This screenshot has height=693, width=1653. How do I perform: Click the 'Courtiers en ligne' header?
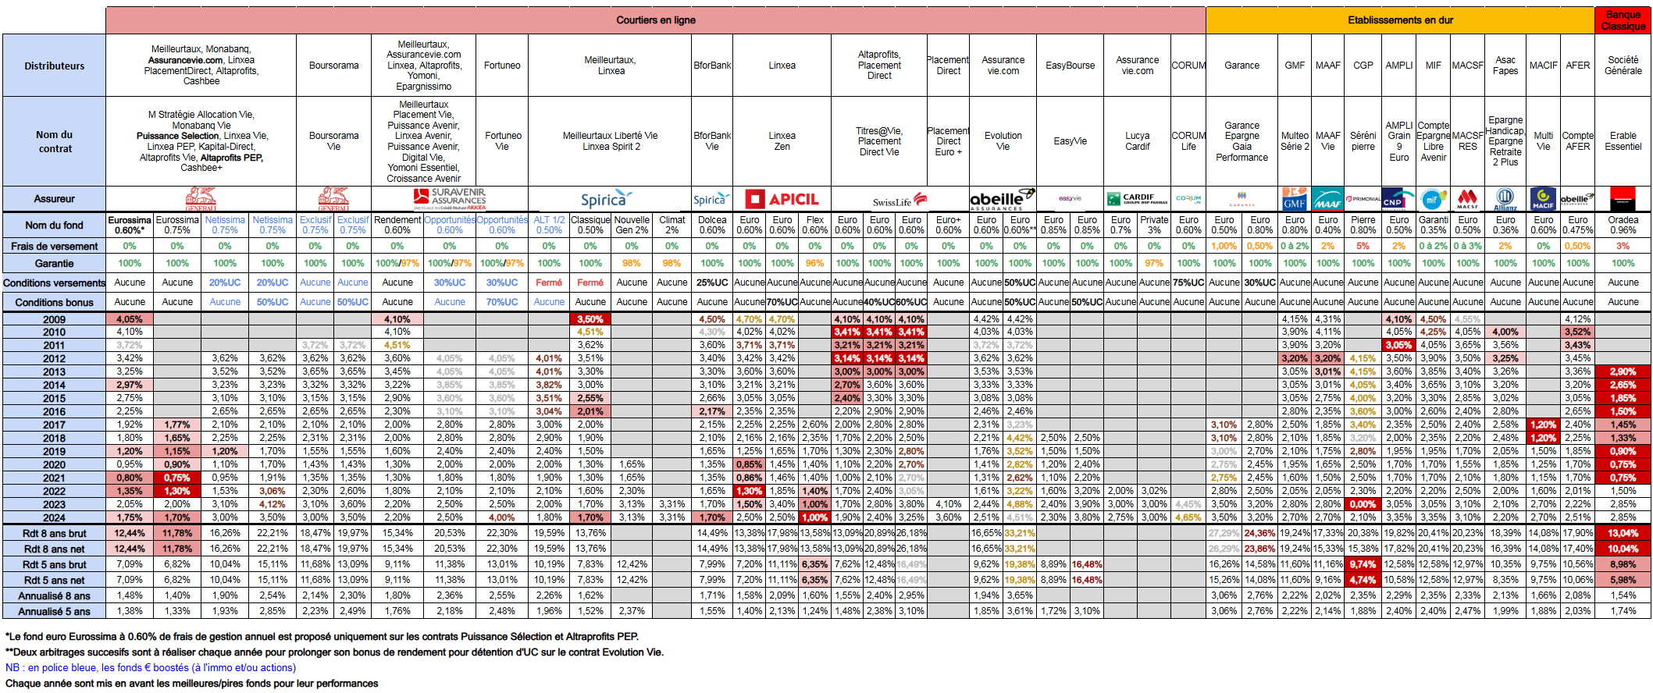(x=655, y=20)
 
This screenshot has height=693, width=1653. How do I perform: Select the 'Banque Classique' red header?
(x=1623, y=20)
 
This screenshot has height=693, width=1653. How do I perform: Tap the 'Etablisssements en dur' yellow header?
(x=1400, y=20)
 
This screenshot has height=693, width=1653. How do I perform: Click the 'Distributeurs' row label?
(x=54, y=66)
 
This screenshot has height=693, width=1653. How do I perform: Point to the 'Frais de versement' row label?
(x=54, y=247)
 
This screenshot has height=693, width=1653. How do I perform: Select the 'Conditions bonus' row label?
(x=54, y=303)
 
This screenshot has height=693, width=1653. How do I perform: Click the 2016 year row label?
(x=54, y=411)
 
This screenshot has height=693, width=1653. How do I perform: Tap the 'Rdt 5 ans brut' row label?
(x=54, y=565)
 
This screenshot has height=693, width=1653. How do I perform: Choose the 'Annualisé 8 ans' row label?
(x=54, y=596)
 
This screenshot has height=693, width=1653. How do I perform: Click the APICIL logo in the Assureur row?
(x=782, y=200)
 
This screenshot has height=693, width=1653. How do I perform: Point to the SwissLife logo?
(x=900, y=201)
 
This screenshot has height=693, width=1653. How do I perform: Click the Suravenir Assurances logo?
(x=450, y=199)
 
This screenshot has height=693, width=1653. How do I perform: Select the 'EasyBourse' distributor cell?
(x=1070, y=66)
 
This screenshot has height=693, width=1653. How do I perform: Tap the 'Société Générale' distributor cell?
(x=1623, y=66)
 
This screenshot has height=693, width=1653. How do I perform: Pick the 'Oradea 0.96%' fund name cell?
(x=1623, y=226)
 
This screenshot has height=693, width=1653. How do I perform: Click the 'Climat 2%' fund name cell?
(x=672, y=226)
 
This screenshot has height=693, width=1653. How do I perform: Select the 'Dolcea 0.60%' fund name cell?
(x=712, y=226)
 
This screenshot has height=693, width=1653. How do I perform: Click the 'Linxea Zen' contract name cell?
(x=782, y=141)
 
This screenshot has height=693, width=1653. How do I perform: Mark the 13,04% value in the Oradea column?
(x=1623, y=534)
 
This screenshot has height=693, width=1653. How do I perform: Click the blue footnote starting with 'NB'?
(x=151, y=668)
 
